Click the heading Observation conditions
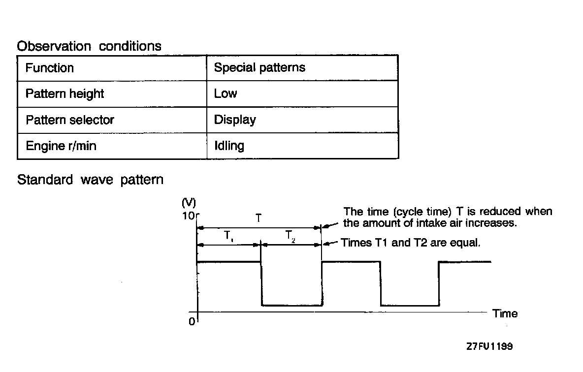tap(89, 46)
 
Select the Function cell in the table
tap(50, 67)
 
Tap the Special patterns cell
tap(259, 67)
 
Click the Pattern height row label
tap(65, 93)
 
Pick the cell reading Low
tap(226, 93)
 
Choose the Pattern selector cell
tap(70, 120)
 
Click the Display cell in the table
tap(235, 120)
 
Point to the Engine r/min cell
tap(61, 146)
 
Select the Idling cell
tap(229, 146)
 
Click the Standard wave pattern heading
tap(90, 180)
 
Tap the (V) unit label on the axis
tap(189, 202)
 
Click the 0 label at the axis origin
tap(192, 322)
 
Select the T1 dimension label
tap(229, 236)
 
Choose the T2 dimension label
tap(291, 236)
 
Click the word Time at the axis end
tap(505, 313)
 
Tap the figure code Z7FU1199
tap(489, 346)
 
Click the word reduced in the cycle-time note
tap(492, 212)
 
